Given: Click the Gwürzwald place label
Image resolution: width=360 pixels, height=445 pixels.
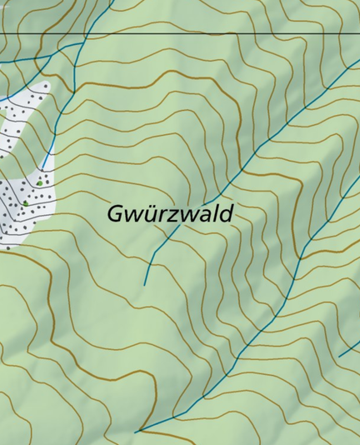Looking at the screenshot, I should (x=169, y=213).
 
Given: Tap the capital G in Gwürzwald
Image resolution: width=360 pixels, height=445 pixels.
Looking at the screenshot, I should (x=116, y=213).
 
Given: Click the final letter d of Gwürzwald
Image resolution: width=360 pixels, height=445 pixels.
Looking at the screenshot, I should (x=225, y=213).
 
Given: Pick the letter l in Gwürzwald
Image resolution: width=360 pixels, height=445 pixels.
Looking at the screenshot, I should (x=214, y=212).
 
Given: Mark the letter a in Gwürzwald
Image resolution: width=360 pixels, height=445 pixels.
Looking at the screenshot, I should (x=203, y=215).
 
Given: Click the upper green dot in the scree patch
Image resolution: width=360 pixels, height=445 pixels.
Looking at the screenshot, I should (x=39, y=182).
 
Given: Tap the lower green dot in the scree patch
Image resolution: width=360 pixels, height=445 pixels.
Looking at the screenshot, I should (x=25, y=202).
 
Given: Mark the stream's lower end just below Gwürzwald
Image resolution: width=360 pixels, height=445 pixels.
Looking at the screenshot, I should (x=145, y=285).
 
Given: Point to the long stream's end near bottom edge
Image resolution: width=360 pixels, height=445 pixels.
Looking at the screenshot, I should (x=136, y=432).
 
